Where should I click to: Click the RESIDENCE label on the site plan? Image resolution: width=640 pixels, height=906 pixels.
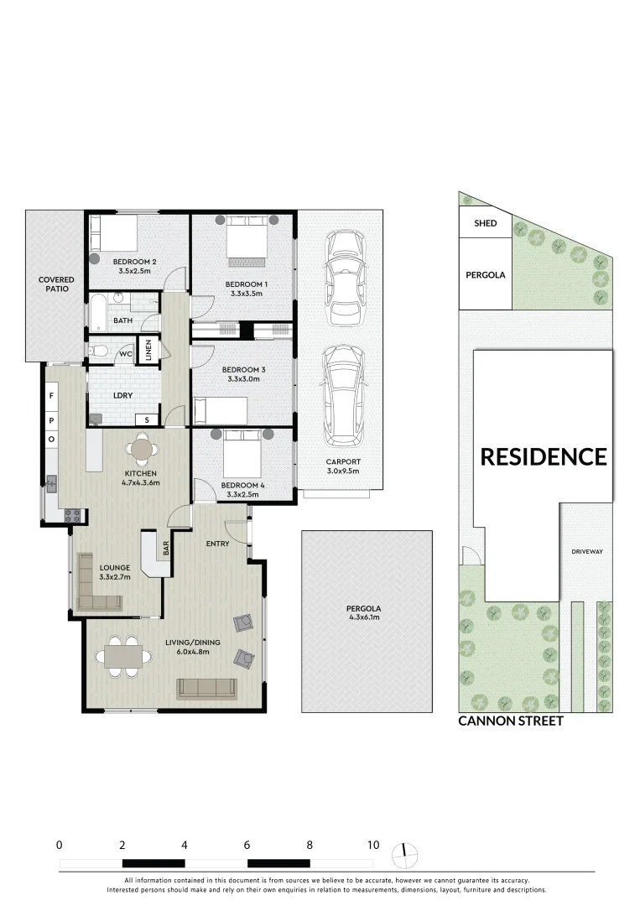pos(543,456)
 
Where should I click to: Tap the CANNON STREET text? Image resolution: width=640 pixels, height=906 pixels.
pos(510,721)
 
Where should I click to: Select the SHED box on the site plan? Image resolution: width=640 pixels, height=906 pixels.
pos(486,223)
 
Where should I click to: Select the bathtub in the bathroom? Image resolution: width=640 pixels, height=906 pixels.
pos(98,312)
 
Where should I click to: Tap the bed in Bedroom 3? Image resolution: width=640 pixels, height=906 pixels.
pos(220,411)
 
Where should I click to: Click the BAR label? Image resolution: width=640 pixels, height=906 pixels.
pos(166,549)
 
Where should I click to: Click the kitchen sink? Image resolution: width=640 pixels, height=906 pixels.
pos(52,484)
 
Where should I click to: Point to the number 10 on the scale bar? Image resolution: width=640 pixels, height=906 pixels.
pos(372,845)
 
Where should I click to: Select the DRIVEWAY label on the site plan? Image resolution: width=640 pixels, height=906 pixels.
pos(586,551)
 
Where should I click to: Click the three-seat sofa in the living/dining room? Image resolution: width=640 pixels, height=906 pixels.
pos(206,688)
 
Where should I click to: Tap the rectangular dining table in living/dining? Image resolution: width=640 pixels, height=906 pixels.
pos(123,654)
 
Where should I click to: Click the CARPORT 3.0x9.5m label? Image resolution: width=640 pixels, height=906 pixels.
pos(342,466)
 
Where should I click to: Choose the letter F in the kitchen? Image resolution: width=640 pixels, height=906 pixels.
pos(51,395)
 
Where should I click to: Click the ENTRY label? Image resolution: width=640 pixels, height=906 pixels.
pos(217,544)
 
